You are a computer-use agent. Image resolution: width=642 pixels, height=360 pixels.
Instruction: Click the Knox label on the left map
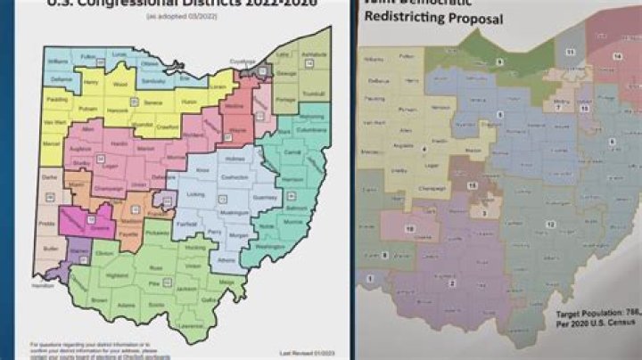tap(202, 168)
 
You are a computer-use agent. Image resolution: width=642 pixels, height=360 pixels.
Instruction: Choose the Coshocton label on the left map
tap(235, 176)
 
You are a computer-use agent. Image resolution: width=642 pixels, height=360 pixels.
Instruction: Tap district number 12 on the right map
tap(551, 223)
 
